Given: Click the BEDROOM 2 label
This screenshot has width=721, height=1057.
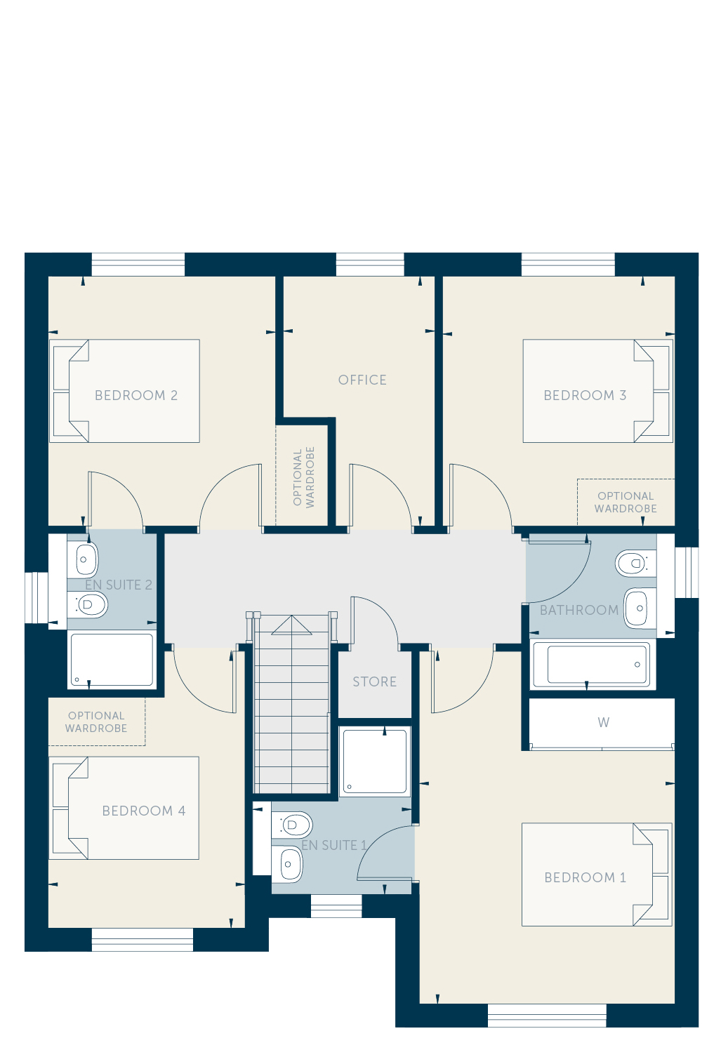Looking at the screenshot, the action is [x=136, y=395].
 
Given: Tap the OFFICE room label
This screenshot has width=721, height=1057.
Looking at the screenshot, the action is [x=362, y=380].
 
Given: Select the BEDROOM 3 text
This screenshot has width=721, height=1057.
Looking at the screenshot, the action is [x=585, y=395].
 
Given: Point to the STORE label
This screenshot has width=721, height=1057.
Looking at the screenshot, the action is [x=375, y=682].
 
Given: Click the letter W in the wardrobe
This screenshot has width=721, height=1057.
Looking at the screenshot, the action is [x=603, y=722].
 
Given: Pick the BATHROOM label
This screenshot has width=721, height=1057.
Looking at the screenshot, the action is [x=579, y=610].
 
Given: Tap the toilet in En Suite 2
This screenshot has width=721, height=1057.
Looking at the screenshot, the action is [x=88, y=604].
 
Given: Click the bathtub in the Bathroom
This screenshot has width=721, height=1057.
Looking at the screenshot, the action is [x=593, y=665].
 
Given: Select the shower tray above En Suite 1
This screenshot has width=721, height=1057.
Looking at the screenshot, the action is [x=375, y=762].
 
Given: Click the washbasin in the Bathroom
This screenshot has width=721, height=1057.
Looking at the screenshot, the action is [x=640, y=609].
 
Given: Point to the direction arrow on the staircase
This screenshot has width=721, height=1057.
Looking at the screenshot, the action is [x=291, y=625].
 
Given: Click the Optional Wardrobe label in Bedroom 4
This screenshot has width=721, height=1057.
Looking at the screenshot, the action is [x=96, y=722].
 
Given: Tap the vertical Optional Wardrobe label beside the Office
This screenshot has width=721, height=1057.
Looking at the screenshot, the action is [x=303, y=477].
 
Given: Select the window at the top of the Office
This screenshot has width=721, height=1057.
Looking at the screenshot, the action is [x=370, y=264].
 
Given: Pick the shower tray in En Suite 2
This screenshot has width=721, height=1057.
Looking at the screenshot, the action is [x=112, y=660].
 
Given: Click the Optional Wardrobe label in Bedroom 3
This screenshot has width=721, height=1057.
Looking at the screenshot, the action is [x=626, y=502].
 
